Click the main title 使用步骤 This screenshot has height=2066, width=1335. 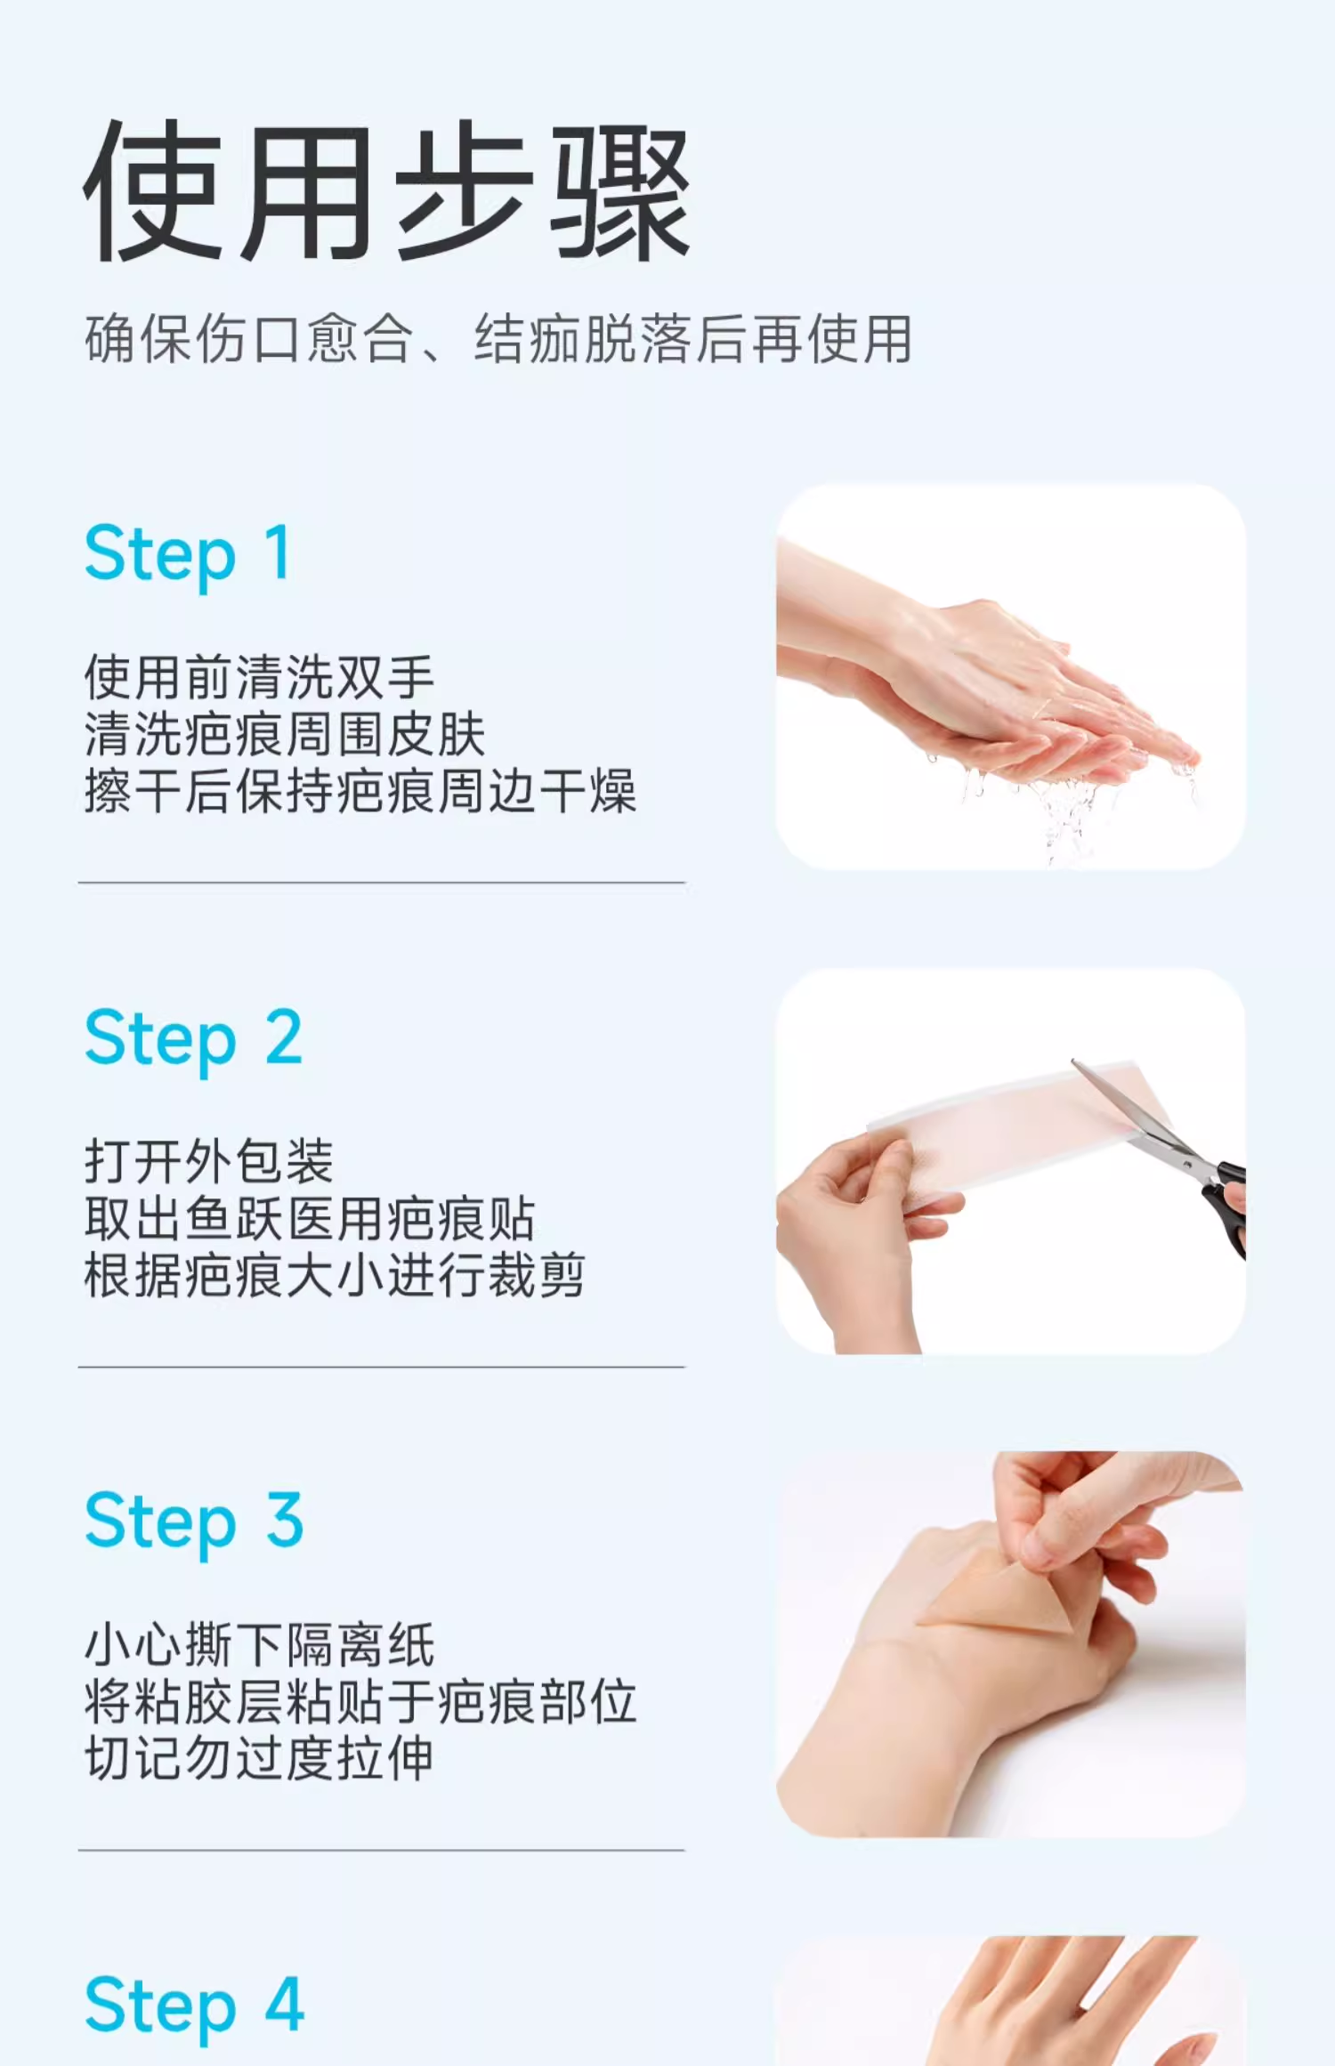387,191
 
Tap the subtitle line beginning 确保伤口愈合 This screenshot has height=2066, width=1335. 498,339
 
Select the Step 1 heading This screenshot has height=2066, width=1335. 188,553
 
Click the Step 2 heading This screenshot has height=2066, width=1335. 194,1038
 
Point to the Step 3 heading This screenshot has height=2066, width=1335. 194,1521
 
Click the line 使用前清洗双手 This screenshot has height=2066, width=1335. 259,677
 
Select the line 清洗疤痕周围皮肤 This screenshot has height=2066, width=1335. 285,734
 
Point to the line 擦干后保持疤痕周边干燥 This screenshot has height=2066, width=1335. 360,791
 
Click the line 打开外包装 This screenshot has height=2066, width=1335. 209,1161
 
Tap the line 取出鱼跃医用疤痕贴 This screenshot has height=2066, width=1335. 310,1218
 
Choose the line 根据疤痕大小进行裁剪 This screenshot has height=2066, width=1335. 335,1275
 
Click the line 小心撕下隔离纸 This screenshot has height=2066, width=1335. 259,1644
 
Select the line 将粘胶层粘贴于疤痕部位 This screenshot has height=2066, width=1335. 360,1702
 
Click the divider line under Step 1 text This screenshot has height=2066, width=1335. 382,883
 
